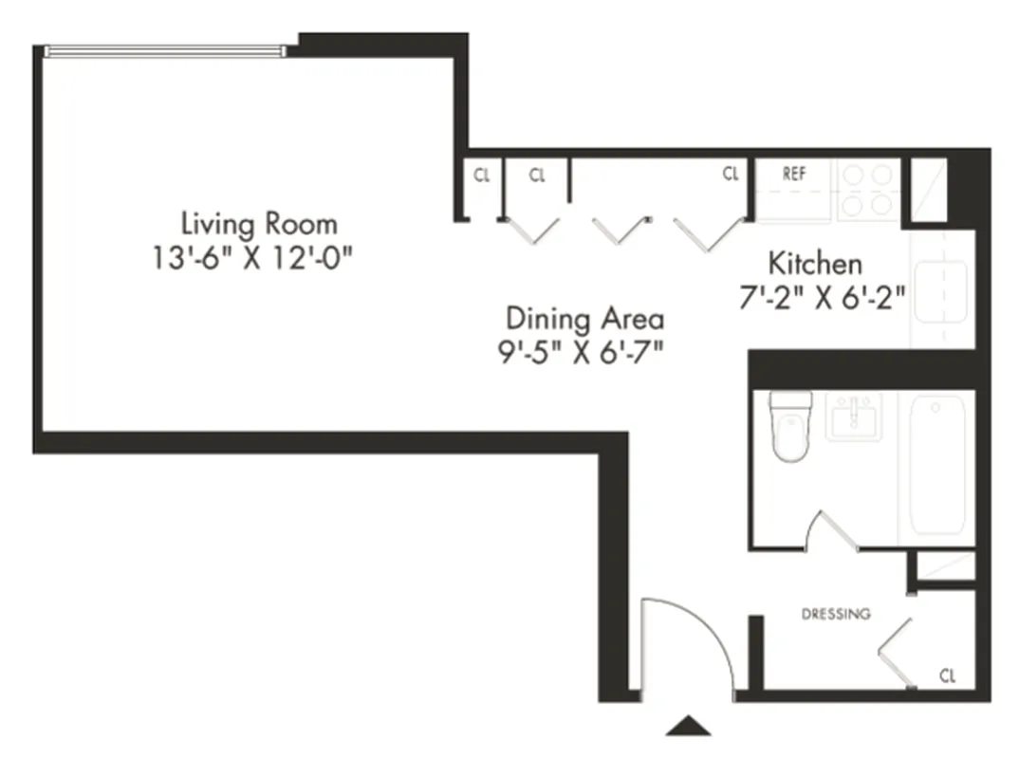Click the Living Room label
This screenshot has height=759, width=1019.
point(259,225)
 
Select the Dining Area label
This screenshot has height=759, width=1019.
point(584,318)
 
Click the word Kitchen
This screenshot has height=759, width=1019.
point(815,263)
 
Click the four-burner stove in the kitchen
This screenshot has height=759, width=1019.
point(869,190)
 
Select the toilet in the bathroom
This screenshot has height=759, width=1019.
point(789,427)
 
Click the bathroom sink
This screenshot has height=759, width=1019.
point(853,417)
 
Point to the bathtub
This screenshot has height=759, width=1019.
point(937,465)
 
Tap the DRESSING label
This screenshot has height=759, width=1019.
point(836,614)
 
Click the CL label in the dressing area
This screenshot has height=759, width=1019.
point(946,676)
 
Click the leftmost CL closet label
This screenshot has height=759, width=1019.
point(482,176)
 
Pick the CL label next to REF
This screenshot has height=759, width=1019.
point(730,175)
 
